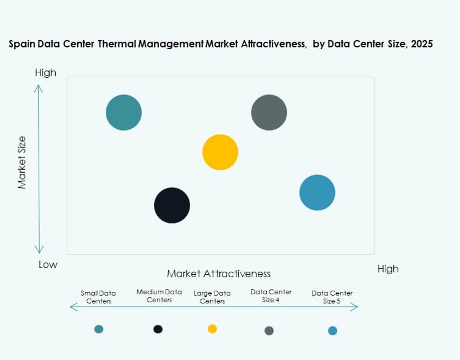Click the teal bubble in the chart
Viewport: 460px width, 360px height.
pos(123,112)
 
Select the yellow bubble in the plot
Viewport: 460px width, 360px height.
pos(220,152)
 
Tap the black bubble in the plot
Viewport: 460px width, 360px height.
pos(172,205)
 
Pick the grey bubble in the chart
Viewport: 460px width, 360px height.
pos(269,112)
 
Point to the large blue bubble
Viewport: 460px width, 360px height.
pos(317,193)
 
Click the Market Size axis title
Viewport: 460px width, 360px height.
pos(22,162)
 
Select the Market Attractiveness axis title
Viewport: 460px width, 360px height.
pos(219,274)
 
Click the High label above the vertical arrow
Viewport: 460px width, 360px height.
pos(46,73)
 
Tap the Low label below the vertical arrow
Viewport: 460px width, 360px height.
pos(48,265)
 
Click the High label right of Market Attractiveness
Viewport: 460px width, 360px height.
pos(388,269)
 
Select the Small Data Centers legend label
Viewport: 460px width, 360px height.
pos(98,297)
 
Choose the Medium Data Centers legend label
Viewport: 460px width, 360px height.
pos(159,296)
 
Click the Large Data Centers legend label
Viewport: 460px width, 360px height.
pos(212,297)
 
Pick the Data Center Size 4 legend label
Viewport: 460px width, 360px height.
pos(271,296)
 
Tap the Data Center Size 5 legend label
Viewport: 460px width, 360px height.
pos(332,297)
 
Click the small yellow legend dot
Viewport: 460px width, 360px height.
pos(212,329)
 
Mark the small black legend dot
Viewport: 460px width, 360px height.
pos(158,329)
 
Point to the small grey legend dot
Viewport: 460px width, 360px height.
pos(269,330)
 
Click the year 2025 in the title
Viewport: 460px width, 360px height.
pos(421,44)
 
